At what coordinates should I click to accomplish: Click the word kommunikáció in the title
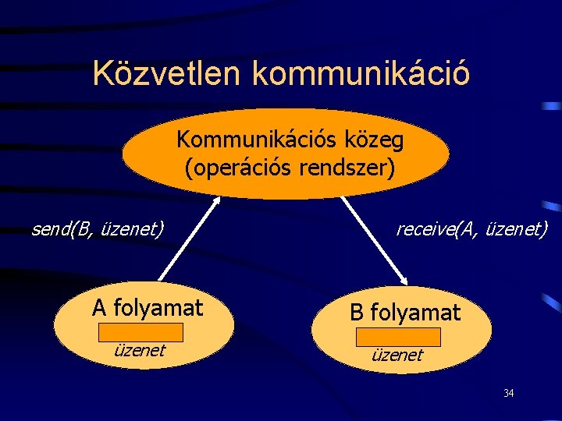click(x=361, y=73)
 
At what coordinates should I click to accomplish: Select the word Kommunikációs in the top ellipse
click(x=251, y=140)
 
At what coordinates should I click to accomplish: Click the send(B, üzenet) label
click(x=98, y=229)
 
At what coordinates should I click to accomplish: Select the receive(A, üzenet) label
click(x=471, y=229)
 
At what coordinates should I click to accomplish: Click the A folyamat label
click(x=148, y=308)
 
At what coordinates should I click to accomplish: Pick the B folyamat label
click(x=405, y=313)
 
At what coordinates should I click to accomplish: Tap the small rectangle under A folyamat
click(x=141, y=333)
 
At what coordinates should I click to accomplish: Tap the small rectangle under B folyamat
click(x=398, y=337)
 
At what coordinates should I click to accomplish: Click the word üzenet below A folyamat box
click(x=140, y=351)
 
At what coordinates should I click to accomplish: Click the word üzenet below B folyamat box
click(x=398, y=355)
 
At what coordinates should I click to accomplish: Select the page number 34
click(x=508, y=393)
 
